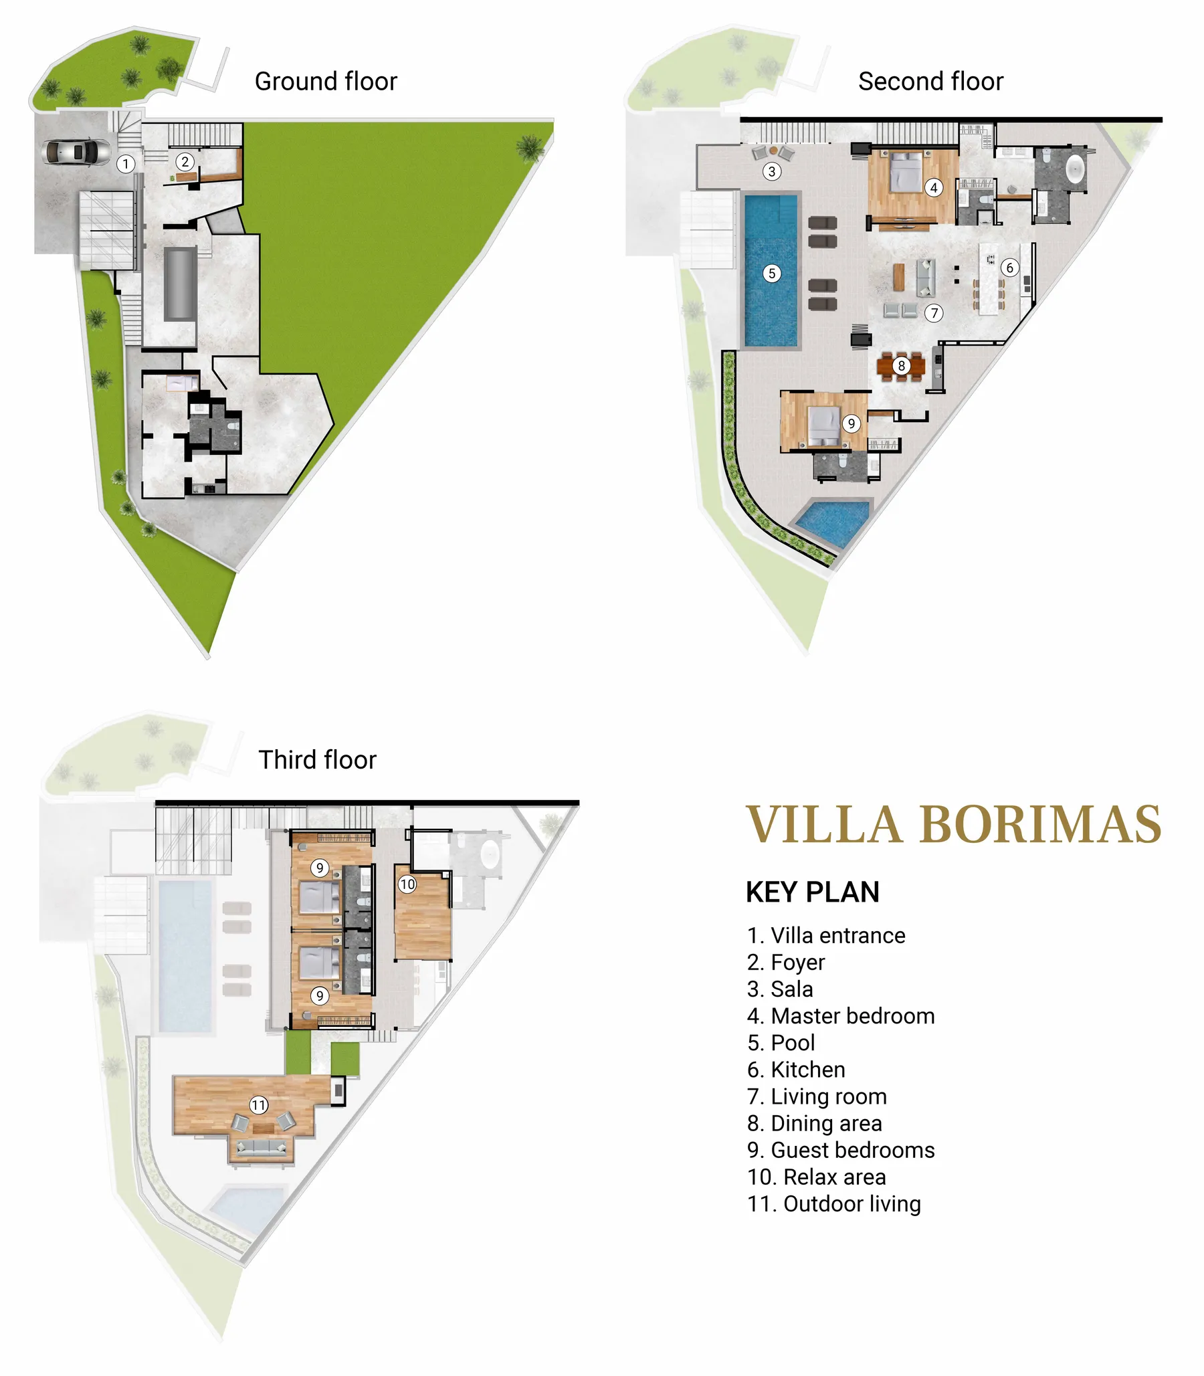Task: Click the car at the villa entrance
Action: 76,151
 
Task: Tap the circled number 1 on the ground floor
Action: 126,164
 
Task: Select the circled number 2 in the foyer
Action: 185,161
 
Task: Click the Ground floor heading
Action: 326,82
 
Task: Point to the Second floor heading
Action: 930,82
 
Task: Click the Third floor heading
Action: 317,760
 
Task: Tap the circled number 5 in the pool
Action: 772,274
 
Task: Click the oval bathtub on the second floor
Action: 1075,169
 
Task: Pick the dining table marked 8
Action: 901,367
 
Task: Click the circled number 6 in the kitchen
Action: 1009,268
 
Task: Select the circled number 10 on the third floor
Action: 407,885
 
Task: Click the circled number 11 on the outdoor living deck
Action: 259,1105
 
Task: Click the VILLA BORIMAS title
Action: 953,824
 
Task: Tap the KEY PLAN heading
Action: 812,892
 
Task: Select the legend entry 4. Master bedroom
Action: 841,1016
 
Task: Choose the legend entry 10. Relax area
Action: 816,1177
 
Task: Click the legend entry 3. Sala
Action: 780,989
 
